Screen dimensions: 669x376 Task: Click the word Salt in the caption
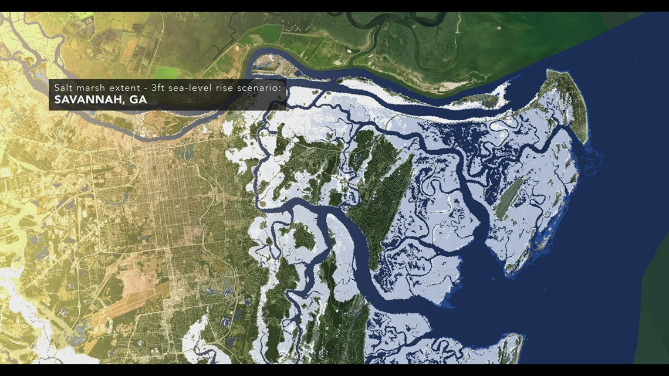[62, 87]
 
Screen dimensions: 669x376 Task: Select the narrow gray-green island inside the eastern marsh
[510, 199]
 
